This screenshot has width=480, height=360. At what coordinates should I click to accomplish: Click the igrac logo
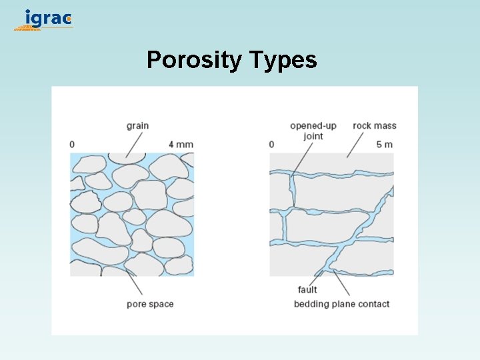44,19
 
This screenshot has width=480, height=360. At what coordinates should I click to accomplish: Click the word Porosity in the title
194,60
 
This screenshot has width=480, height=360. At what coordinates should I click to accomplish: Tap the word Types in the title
283,61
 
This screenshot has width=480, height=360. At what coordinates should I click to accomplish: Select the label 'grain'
137,125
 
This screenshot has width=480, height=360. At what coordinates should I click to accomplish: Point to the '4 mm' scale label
181,144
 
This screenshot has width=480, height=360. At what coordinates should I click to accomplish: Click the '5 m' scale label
384,144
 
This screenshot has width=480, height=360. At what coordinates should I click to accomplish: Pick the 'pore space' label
150,304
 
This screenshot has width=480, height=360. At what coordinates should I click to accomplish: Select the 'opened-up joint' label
313,131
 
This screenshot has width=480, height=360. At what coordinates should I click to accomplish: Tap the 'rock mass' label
375,125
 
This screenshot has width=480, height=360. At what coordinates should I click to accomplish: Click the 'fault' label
307,290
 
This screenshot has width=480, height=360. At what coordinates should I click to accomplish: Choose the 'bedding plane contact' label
341,304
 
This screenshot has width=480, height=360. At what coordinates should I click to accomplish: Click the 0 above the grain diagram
72,144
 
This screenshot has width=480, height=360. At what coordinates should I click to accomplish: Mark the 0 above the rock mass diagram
271,144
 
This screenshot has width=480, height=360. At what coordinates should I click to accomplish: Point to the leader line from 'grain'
134,144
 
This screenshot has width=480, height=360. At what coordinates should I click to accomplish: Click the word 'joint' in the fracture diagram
313,136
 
